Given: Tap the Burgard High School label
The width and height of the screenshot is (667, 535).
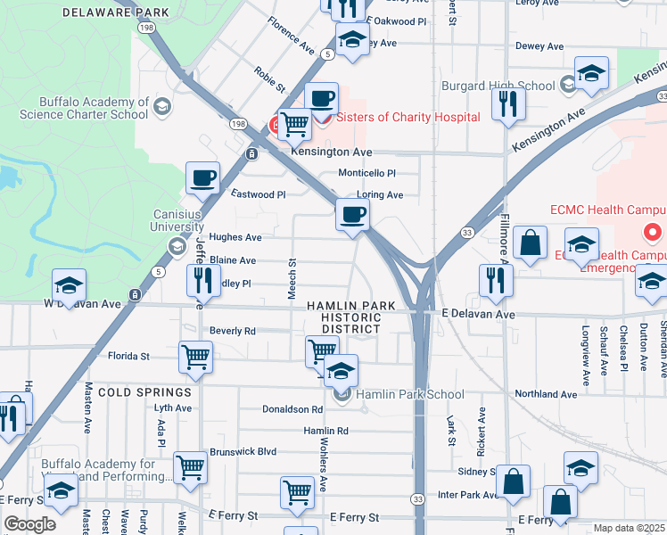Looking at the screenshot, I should click(498, 86).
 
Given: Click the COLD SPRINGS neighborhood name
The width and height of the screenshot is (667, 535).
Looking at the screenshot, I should click(144, 392).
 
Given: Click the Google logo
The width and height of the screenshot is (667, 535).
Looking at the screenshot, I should click(29, 524).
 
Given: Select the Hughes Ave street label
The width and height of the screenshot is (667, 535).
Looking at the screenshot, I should click(235, 237).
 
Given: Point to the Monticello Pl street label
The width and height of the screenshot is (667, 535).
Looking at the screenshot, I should click(366, 173).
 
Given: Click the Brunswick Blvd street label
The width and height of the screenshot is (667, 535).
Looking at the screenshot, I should click(243, 452).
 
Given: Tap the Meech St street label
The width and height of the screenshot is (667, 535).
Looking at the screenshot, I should click(292, 279).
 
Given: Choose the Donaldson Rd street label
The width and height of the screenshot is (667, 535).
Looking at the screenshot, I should click(292, 409).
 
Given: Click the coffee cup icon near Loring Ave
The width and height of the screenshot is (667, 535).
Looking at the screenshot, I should click(353, 215).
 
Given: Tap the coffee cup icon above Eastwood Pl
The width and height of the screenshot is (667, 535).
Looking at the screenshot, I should click(203, 177).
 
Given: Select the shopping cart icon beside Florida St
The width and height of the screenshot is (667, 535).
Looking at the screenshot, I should click(195, 357).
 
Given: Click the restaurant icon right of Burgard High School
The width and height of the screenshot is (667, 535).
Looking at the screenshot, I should click(509, 103).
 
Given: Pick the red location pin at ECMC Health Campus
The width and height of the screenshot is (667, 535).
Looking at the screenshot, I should click(652, 233).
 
